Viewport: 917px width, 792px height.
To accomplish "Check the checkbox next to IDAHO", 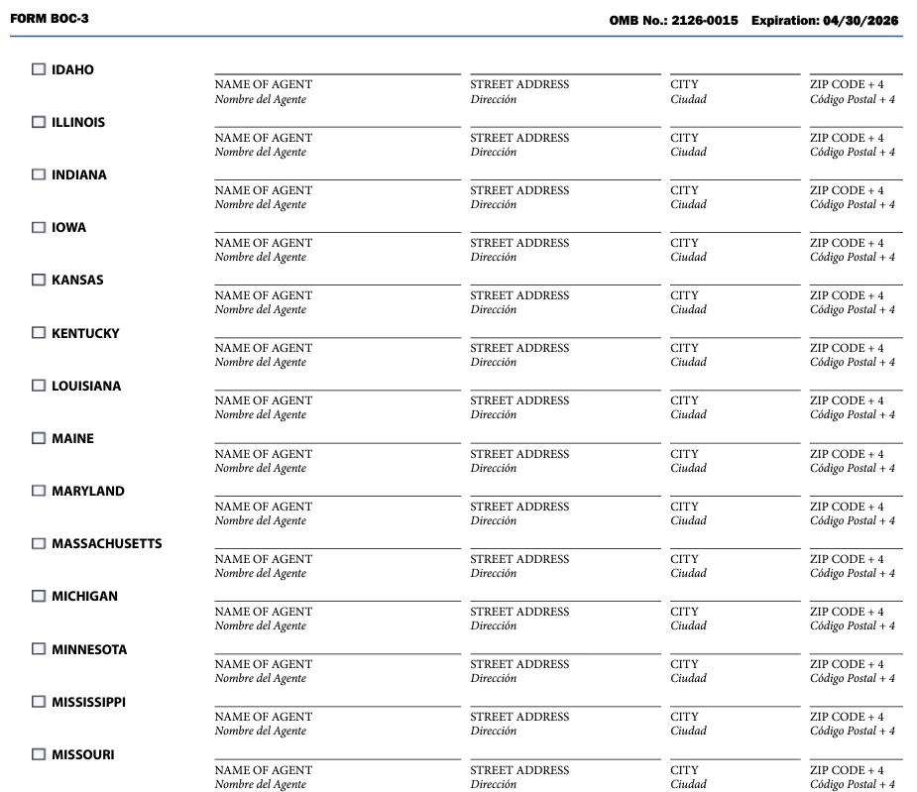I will pyautogui.click(x=39, y=69).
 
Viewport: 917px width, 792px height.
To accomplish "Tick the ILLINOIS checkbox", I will pyautogui.click(x=39, y=122).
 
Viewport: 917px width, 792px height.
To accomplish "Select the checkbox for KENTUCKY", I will pyautogui.click(x=39, y=333).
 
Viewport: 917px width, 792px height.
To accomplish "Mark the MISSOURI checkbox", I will pyautogui.click(x=39, y=754).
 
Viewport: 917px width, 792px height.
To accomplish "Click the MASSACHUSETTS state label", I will pyautogui.click(x=106, y=543).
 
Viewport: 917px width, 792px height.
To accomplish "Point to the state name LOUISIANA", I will pyautogui.click(x=86, y=386).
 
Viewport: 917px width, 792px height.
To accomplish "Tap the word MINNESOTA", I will pyautogui.click(x=89, y=649).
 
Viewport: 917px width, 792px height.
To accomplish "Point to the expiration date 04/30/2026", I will pyautogui.click(x=860, y=20).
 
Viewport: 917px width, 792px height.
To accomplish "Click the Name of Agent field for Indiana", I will pyautogui.click(x=337, y=171).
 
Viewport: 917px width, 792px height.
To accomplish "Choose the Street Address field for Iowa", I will pyautogui.click(x=564, y=224).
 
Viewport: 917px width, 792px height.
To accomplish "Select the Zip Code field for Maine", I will pyautogui.click(x=856, y=435).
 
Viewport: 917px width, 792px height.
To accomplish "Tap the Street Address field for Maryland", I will pyautogui.click(x=564, y=488).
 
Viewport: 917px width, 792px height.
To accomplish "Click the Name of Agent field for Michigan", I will pyautogui.click(x=337, y=593).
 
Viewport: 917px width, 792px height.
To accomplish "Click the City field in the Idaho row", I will pyautogui.click(x=735, y=65).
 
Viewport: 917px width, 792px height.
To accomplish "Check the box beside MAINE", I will pyautogui.click(x=39, y=438).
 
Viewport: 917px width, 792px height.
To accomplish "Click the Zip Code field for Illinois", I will pyautogui.click(x=856, y=119).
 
